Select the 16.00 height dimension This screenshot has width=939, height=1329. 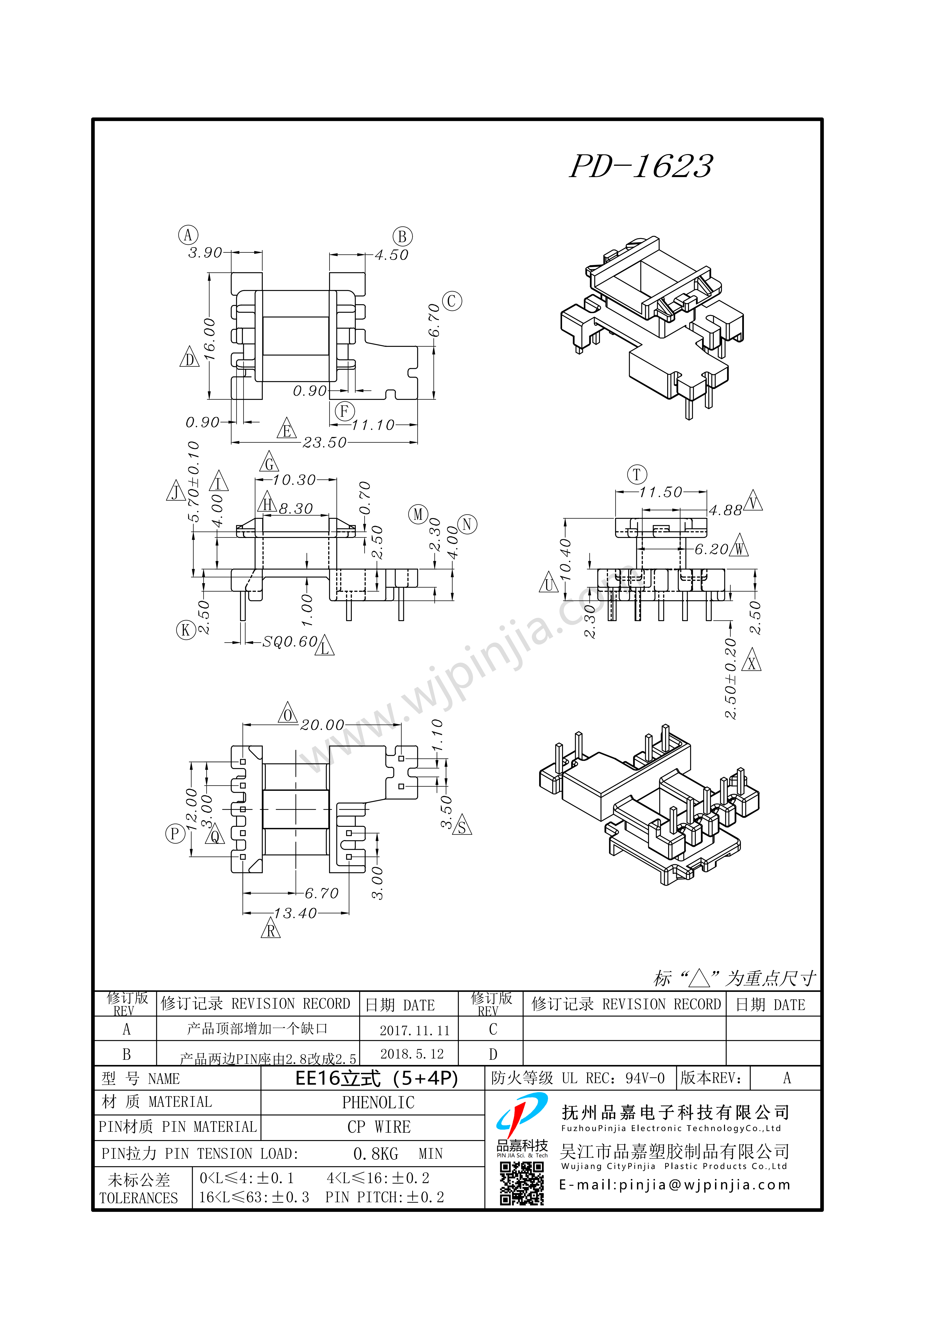[x=209, y=339]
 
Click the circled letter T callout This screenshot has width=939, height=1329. [x=637, y=475]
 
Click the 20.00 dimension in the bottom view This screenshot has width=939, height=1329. [x=322, y=725]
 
